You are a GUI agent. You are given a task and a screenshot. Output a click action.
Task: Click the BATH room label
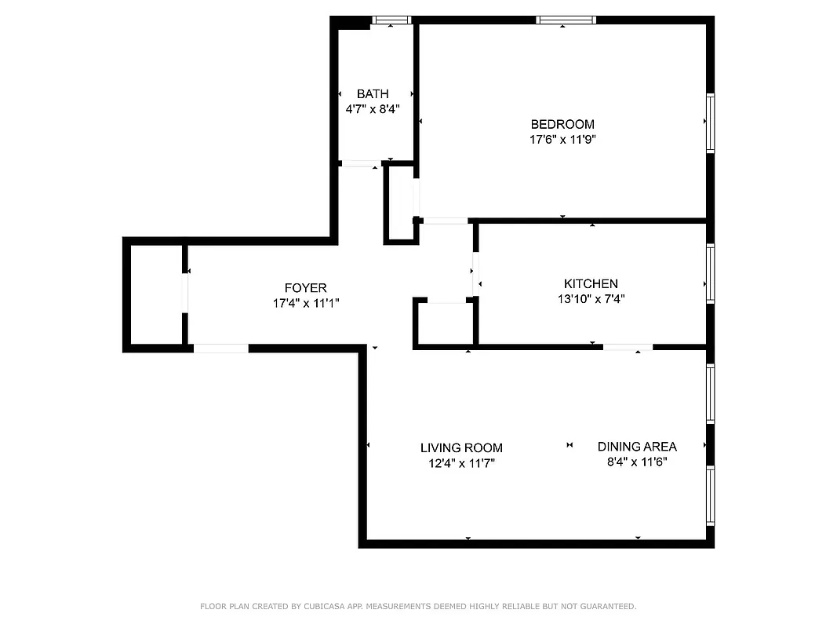pos(373,94)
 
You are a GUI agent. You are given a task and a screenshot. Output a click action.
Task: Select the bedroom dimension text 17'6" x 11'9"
pos(562,140)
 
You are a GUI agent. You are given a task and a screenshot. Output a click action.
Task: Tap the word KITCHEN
pos(591,283)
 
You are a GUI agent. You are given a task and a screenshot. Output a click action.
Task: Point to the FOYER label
pos(305,288)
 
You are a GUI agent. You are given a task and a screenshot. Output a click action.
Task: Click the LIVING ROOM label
pos(461,447)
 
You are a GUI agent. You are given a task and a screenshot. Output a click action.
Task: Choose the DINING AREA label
pos(637,446)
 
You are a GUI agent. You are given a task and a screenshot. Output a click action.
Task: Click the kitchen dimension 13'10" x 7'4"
pos(591,298)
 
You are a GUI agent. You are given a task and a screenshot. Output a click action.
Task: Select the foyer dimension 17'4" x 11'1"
pos(305,303)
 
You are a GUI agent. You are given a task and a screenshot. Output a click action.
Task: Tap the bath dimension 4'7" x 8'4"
pos(373,109)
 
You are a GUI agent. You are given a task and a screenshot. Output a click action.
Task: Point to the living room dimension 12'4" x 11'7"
pos(461,463)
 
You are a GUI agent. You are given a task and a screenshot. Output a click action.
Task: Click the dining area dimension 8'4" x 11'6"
pos(637,462)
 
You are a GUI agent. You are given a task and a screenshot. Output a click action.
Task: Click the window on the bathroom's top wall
pos(391,20)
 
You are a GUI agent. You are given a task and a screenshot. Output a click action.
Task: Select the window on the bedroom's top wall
pos(566,20)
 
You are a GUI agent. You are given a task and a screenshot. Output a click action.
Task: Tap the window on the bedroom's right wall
pos(710,122)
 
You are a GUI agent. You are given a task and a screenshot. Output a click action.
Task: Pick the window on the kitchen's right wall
pos(710,273)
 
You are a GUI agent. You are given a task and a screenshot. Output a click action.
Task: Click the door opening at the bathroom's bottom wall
pos(360,164)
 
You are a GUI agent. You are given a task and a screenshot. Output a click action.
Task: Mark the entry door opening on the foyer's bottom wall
pos(221,348)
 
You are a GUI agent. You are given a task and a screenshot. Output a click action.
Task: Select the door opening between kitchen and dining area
pos(628,346)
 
